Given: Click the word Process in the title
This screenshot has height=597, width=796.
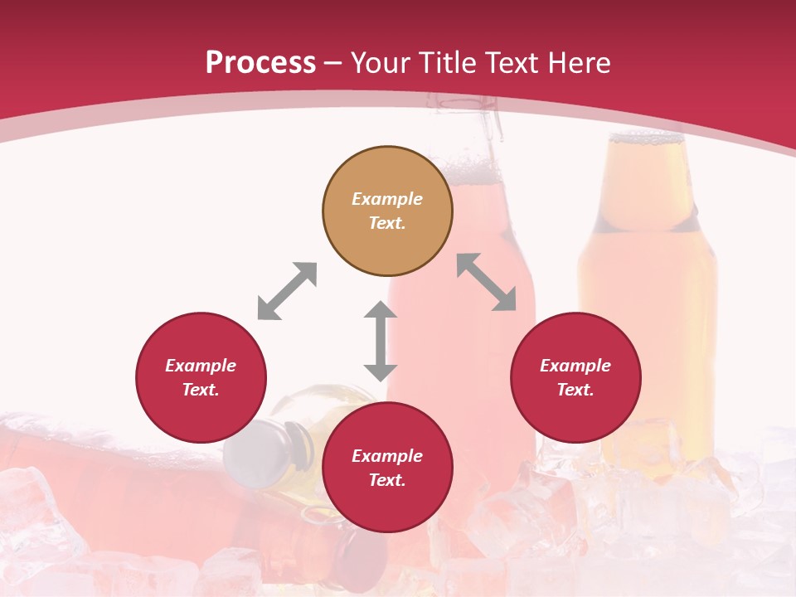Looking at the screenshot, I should point(260,63).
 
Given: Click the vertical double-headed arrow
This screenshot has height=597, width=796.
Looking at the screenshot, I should point(381,341).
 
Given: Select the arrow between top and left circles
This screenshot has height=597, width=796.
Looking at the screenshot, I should point(287,291).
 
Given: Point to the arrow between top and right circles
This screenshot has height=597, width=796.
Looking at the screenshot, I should point(487,282).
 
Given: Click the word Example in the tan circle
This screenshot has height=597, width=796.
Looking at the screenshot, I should point(387,199).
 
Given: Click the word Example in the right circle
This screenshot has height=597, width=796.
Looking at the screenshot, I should point(575,366).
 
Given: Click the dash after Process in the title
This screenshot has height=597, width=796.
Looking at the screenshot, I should point(332,63).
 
